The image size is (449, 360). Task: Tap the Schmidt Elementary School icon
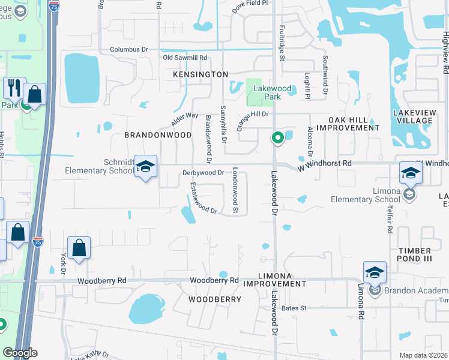click(145, 167)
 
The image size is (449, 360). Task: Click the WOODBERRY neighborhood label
click(215, 299)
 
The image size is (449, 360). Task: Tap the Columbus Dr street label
click(128, 49)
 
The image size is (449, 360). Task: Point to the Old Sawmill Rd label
click(185, 58)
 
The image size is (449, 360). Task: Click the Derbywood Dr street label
click(203, 173)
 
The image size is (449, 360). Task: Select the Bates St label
click(294, 308)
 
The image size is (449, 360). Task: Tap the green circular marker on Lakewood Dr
click(277, 139)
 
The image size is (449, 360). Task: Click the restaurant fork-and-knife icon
click(14, 88)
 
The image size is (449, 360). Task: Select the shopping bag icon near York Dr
click(79, 247)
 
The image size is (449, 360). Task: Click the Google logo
click(20, 353)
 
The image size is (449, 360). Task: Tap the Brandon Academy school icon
click(375, 273)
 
